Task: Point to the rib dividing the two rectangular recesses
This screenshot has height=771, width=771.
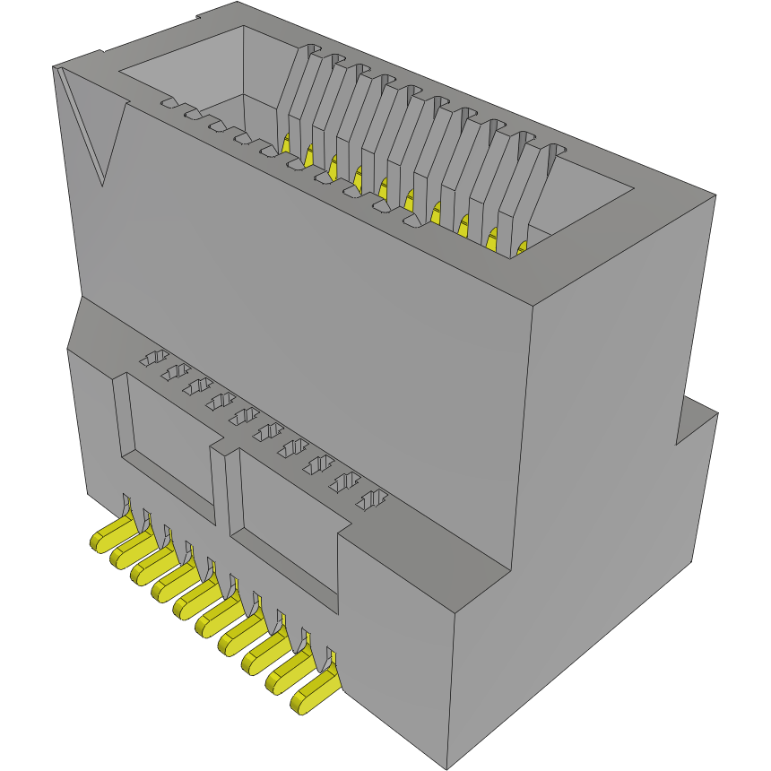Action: pos(222,484)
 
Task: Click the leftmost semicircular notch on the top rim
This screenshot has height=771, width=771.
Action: pos(169,105)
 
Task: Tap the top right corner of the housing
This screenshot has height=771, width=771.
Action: pos(715,195)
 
